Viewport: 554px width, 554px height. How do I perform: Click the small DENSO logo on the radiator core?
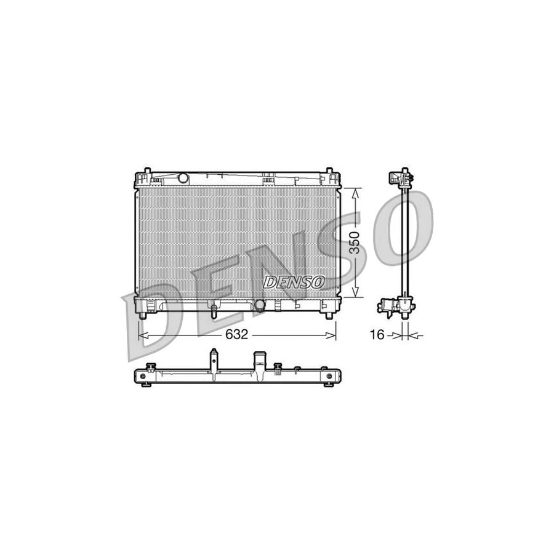tap(294, 281)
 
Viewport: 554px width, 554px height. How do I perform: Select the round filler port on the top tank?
tap(182, 178)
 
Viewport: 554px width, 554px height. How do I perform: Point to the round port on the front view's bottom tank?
tap(260, 305)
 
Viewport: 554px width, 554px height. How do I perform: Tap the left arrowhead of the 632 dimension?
tap(142, 335)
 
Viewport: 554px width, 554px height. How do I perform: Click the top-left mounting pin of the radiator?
tap(147, 170)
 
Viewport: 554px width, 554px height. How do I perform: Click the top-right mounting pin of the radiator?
tap(329, 170)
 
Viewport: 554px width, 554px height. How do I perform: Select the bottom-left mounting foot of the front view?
tap(143, 315)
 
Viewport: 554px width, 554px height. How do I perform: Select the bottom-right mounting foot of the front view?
tap(329, 315)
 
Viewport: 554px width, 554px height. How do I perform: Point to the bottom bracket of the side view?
tap(396, 306)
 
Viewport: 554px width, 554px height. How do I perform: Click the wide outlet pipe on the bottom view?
tap(260, 361)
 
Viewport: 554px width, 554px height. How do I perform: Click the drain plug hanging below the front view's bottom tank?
tap(213, 311)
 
